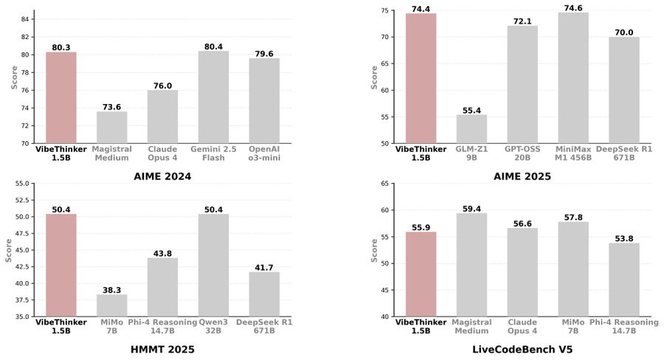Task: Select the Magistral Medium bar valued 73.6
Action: coord(111,127)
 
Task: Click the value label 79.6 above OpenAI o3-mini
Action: coord(264,53)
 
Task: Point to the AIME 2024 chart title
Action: coord(162,176)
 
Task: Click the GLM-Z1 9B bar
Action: coord(471,129)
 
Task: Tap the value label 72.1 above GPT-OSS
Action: coord(522,21)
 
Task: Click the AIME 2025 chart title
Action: coord(522,176)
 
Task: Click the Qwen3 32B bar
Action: coord(213,266)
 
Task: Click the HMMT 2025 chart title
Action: coord(162,349)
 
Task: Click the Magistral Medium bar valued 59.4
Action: coord(471,265)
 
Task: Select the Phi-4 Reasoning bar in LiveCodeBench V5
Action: coord(624,280)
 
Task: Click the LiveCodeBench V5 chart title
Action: coord(522,349)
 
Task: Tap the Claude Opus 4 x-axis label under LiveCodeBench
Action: coord(522,326)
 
